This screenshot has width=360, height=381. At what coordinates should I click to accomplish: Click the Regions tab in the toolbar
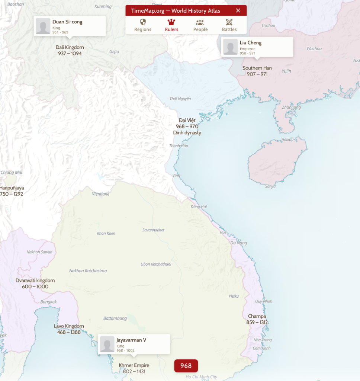[143, 25]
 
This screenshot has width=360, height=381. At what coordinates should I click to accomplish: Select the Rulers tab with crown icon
[171, 25]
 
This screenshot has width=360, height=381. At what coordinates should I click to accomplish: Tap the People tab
[200, 25]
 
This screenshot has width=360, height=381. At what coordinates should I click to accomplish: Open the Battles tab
[229, 25]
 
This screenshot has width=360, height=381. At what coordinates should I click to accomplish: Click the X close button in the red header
[238, 10]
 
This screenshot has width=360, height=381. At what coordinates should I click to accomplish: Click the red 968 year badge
[186, 366]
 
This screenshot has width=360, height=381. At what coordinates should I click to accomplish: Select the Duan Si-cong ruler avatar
[43, 26]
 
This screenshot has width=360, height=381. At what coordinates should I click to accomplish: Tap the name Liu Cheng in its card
[250, 43]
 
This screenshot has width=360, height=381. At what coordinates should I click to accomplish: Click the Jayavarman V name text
[131, 340]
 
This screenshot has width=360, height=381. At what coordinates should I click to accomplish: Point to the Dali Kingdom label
[70, 48]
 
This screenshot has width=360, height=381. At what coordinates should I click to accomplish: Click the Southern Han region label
[257, 68]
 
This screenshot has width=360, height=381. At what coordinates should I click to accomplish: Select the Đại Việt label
[187, 120]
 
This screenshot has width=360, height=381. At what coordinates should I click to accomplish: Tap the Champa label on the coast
[257, 316]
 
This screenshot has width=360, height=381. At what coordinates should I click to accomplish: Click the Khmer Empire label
[134, 365]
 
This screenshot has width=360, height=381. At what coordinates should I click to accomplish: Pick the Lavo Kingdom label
[69, 326]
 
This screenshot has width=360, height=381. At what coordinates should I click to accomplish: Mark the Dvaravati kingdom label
[35, 281]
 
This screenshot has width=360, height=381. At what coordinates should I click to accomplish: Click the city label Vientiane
[101, 194]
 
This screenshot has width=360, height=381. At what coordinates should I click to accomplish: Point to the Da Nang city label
[238, 243]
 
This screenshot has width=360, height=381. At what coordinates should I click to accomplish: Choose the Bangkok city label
[49, 302]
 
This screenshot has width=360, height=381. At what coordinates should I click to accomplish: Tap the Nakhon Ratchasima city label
[88, 271]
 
